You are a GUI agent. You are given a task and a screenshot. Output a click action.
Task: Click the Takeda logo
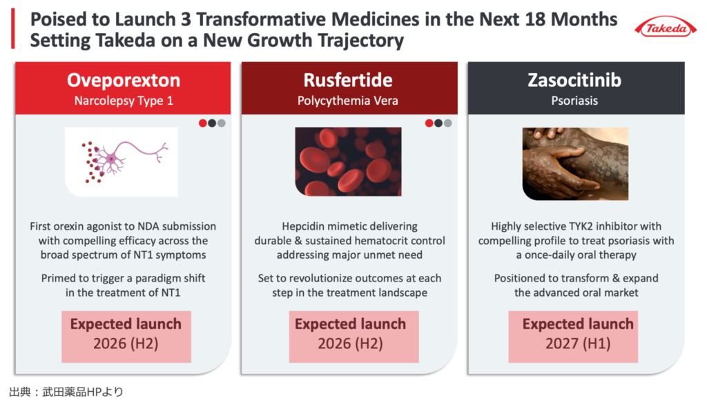[x=666, y=28]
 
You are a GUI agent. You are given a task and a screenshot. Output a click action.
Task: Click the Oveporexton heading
[x=124, y=80]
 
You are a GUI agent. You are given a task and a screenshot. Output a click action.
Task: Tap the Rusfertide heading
[x=348, y=80]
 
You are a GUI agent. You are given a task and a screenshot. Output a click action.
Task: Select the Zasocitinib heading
[x=574, y=80]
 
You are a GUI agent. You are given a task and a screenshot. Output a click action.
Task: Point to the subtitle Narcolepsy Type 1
[x=124, y=101]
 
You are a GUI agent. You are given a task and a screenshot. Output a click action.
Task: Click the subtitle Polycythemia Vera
[x=348, y=101]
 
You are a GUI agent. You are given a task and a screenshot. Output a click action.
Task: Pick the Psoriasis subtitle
[x=574, y=101]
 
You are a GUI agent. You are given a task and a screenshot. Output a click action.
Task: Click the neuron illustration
[x=122, y=162]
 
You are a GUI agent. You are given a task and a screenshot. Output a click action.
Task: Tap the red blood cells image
[x=348, y=161]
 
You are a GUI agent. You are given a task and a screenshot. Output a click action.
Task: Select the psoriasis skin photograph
[x=575, y=163]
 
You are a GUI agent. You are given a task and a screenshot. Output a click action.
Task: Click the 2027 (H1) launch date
[x=578, y=344]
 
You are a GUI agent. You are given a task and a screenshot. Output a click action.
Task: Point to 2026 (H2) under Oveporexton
[x=126, y=344]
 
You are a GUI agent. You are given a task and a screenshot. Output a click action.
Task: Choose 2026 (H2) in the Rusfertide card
[x=350, y=344]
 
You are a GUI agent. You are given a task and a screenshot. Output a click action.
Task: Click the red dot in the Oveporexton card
[x=203, y=123]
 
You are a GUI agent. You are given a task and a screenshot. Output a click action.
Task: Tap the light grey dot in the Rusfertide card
[x=447, y=123]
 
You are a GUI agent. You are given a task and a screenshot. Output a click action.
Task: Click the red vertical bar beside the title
[x=13, y=28]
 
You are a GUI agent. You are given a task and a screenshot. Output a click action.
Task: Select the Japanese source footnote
[x=66, y=392]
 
